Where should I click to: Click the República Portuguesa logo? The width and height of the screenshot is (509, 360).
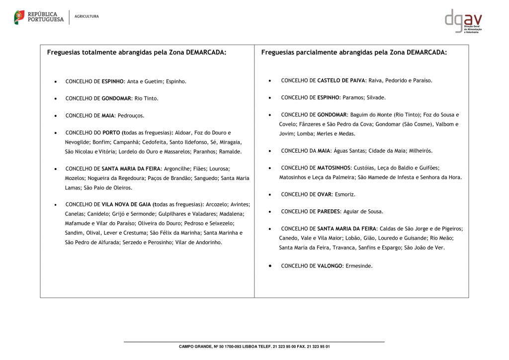click(39, 17)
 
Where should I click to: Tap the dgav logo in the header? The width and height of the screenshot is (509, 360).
click(463, 21)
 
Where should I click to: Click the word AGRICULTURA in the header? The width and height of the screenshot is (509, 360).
click(86, 16)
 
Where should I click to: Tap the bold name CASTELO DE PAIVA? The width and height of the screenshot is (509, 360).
click(341, 80)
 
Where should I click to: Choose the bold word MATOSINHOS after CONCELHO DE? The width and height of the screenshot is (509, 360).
click(334, 168)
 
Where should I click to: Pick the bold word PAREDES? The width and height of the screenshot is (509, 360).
click(328, 211)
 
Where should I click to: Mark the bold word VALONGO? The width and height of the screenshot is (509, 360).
click(330, 266)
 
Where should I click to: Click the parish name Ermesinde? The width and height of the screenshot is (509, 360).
click(358, 266)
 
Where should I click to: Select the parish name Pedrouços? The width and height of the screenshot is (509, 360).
click(131, 115)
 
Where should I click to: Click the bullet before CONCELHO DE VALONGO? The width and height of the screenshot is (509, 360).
click(270, 266)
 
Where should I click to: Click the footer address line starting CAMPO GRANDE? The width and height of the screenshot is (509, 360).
click(254, 346)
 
